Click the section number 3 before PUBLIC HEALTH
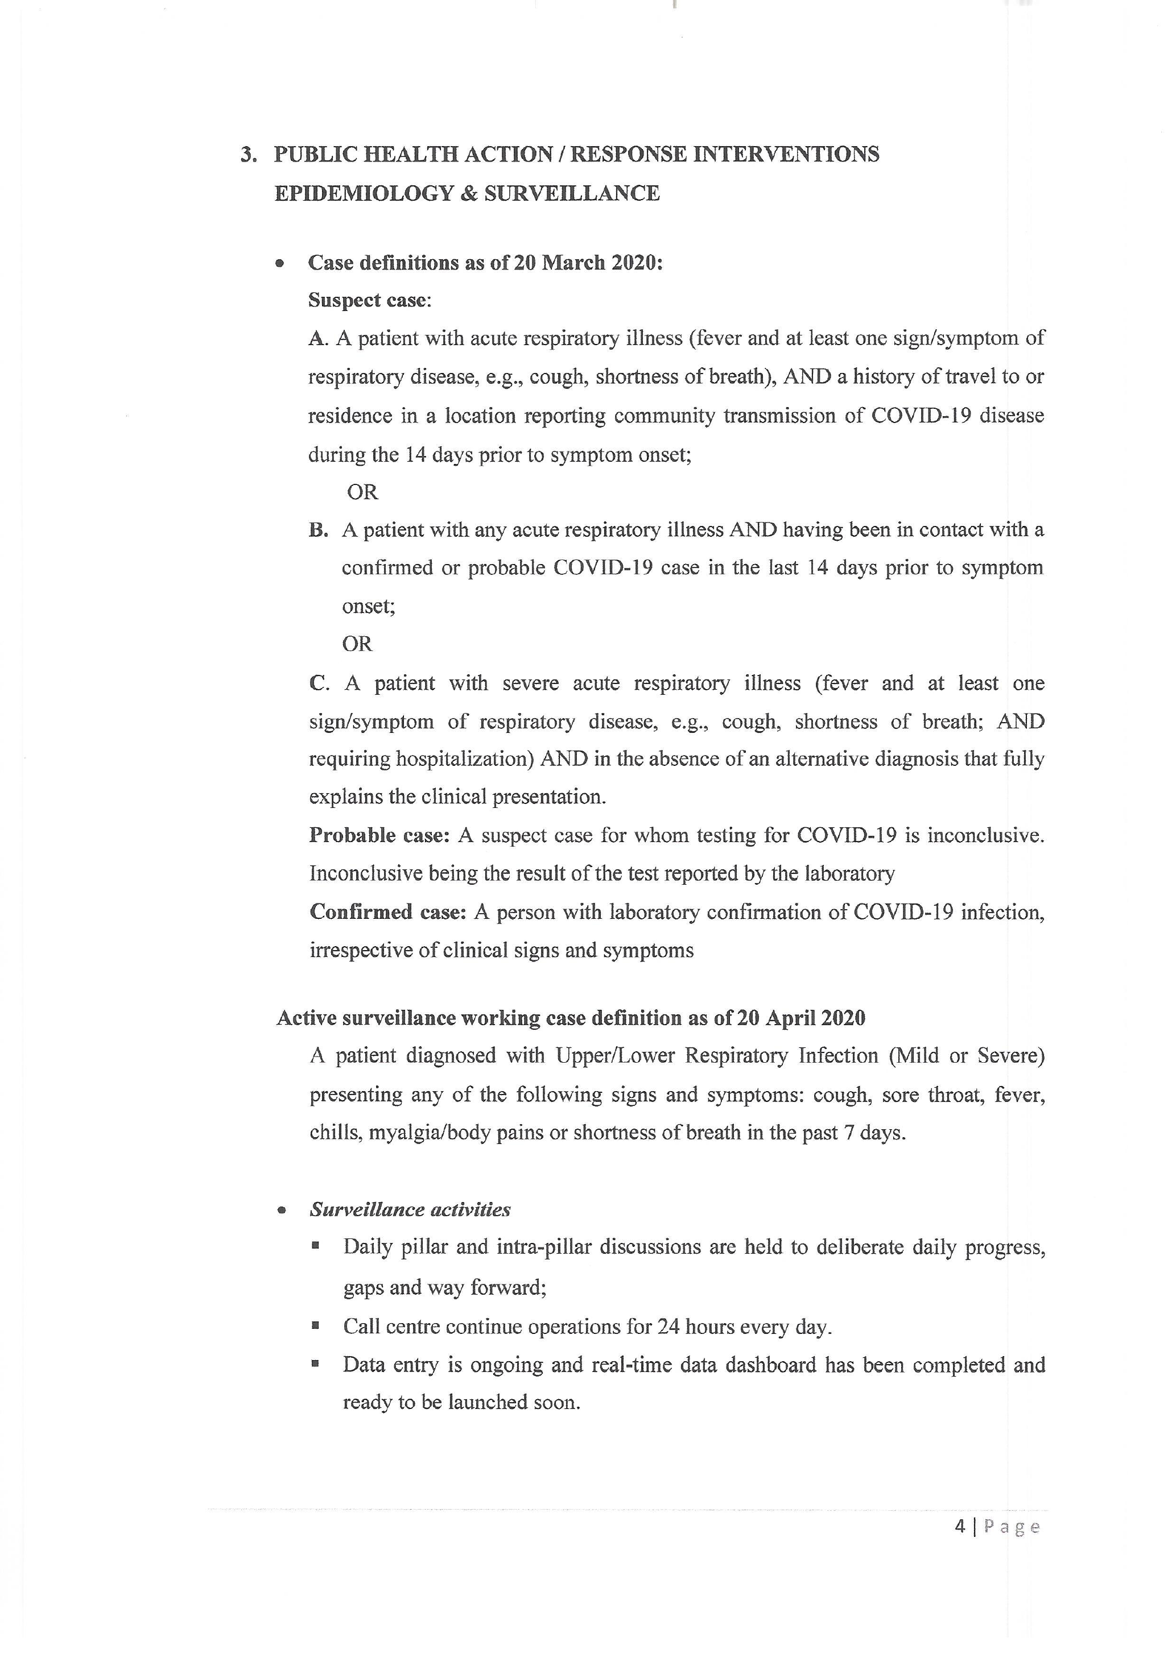click(247, 155)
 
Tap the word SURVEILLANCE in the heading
click(571, 194)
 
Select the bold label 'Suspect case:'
click(369, 300)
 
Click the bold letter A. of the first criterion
click(318, 339)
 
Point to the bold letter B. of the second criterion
click(319, 530)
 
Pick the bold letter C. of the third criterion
click(319, 684)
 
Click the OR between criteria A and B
click(362, 493)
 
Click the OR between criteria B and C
click(357, 644)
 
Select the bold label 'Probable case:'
click(379, 836)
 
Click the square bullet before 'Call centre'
click(315, 1326)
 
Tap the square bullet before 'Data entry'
click(315, 1363)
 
